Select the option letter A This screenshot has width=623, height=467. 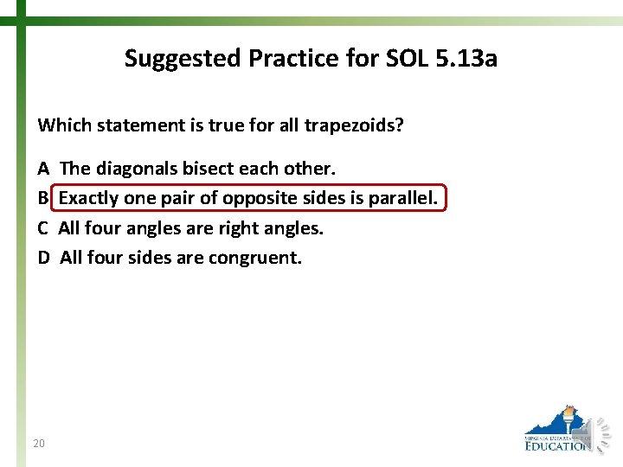[x=43, y=168]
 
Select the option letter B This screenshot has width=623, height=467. [x=43, y=198]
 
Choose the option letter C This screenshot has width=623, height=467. [x=43, y=228]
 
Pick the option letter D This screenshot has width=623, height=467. [x=43, y=258]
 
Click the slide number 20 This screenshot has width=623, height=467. [x=38, y=444]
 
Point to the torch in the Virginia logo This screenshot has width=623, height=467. [x=568, y=419]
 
